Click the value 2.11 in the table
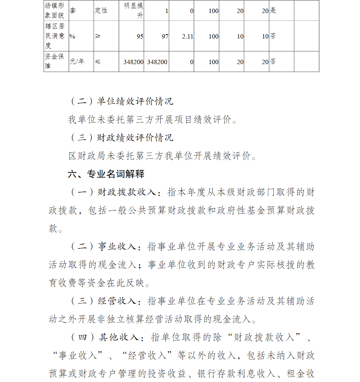point(187,36)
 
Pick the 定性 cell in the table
point(101,11)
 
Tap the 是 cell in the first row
point(273,11)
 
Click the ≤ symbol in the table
point(98,62)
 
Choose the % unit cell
point(72,36)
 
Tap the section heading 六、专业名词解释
point(106,174)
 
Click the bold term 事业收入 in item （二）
point(117,247)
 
